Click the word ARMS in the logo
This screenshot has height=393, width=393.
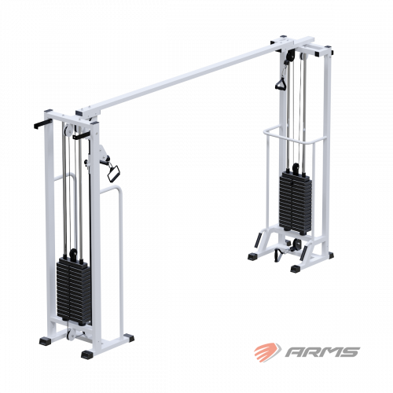click(x=322, y=352)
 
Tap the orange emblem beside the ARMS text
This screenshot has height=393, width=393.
click(x=267, y=352)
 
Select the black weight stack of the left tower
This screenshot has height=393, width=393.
click(x=74, y=290)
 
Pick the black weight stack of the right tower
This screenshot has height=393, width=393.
click(x=296, y=202)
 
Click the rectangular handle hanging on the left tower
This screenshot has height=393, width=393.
click(x=113, y=172)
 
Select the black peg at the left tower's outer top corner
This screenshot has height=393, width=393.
click(x=42, y=123)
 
